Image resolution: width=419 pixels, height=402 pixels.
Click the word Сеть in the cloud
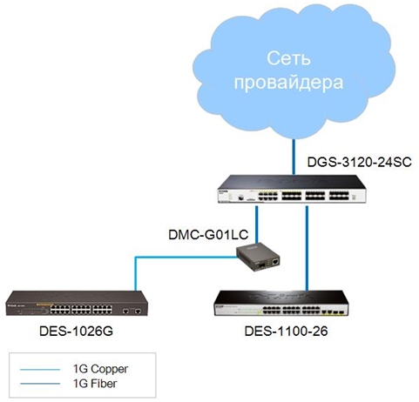pos(288,58)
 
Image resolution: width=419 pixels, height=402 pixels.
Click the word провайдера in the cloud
pos(288,83)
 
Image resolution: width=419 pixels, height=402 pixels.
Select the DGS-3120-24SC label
pos(360,162)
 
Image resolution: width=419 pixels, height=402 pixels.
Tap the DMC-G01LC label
pos(208,235)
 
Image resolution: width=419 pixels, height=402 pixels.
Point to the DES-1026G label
pos(76,332)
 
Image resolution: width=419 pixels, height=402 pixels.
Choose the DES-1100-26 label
pos(286,332)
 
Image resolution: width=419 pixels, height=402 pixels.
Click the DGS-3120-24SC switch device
pos(292,189)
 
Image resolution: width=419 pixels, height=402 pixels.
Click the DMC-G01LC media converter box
pos(258,257)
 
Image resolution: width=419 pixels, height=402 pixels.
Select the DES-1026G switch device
pos(77,303)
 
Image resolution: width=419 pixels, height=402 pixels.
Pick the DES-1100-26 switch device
pos(281,303)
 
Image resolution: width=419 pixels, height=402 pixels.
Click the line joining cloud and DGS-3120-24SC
pos(294,157)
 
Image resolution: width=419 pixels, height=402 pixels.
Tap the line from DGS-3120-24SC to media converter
pos(257,224)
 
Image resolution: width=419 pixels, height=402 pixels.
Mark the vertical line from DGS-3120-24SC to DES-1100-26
pos(307,248)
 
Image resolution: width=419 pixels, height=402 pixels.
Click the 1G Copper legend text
pos(100,369)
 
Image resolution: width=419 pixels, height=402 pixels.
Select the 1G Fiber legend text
pos(95,384)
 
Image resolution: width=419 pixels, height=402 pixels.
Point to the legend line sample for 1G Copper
pos(40,370)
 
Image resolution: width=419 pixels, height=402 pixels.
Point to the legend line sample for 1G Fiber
pos(40,384)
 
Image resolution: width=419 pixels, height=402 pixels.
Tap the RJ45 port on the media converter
pos(274,262)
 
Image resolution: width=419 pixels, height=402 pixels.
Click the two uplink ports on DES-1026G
pos(132,312)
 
